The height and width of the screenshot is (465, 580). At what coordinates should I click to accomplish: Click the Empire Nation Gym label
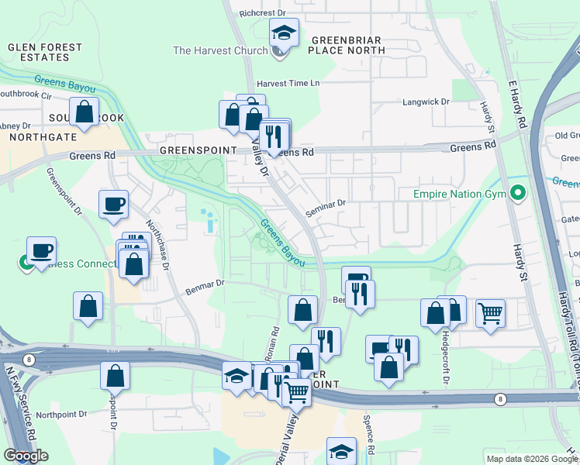pos(459,193)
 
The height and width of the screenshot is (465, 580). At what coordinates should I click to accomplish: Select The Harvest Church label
pos(220,50)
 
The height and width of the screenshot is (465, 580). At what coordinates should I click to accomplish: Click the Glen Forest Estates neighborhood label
pos(44,52)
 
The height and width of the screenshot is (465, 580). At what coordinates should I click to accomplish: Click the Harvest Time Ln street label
pos(288,83)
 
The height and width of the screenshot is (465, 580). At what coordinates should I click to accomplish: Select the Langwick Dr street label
pos(426,102)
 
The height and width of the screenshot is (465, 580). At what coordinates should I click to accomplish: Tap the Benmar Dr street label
pos(205,287)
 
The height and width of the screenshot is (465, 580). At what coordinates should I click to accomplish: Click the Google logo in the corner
pos(26,456)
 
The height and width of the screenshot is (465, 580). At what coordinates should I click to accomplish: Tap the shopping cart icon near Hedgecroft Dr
pos(490,313)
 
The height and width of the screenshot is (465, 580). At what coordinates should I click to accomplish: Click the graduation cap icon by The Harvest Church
pos(284,33)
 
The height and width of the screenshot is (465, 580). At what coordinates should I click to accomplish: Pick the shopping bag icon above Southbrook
pos(84,112)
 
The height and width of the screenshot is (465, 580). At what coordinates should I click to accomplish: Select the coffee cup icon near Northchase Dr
pos(114,205)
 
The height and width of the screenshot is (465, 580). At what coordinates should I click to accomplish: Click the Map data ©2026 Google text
pos(530,459)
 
